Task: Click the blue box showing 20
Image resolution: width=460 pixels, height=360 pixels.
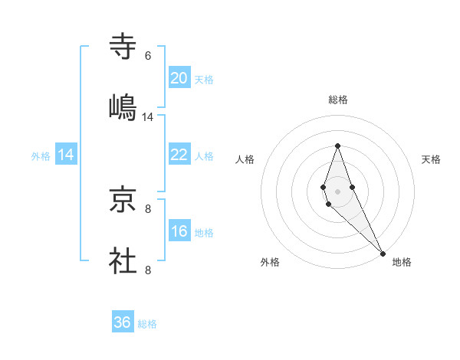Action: pos(179,77)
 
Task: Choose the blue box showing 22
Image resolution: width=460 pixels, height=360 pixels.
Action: pos(179,154)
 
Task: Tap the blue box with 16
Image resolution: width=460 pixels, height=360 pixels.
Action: pos(179,231)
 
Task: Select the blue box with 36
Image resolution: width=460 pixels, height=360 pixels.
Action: pos(123,322)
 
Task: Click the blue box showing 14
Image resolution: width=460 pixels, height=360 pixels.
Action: pos(66,155)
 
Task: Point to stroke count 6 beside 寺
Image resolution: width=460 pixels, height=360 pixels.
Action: pos(148,56)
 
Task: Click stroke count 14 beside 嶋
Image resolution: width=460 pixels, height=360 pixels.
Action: pos(148,117)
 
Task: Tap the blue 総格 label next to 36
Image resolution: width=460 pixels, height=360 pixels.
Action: pos(147,324)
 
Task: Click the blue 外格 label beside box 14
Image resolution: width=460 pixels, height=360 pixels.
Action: pos(41,155)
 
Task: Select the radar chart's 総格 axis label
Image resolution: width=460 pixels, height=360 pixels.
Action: pos(338,100)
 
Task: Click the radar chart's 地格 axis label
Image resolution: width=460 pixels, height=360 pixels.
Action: pos(402,262)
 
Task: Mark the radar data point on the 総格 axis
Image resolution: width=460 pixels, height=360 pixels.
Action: pos(337,146)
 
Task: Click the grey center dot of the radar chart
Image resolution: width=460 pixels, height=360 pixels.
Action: pos(337,191)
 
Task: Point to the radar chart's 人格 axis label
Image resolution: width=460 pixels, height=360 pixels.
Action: pos(245,159)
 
